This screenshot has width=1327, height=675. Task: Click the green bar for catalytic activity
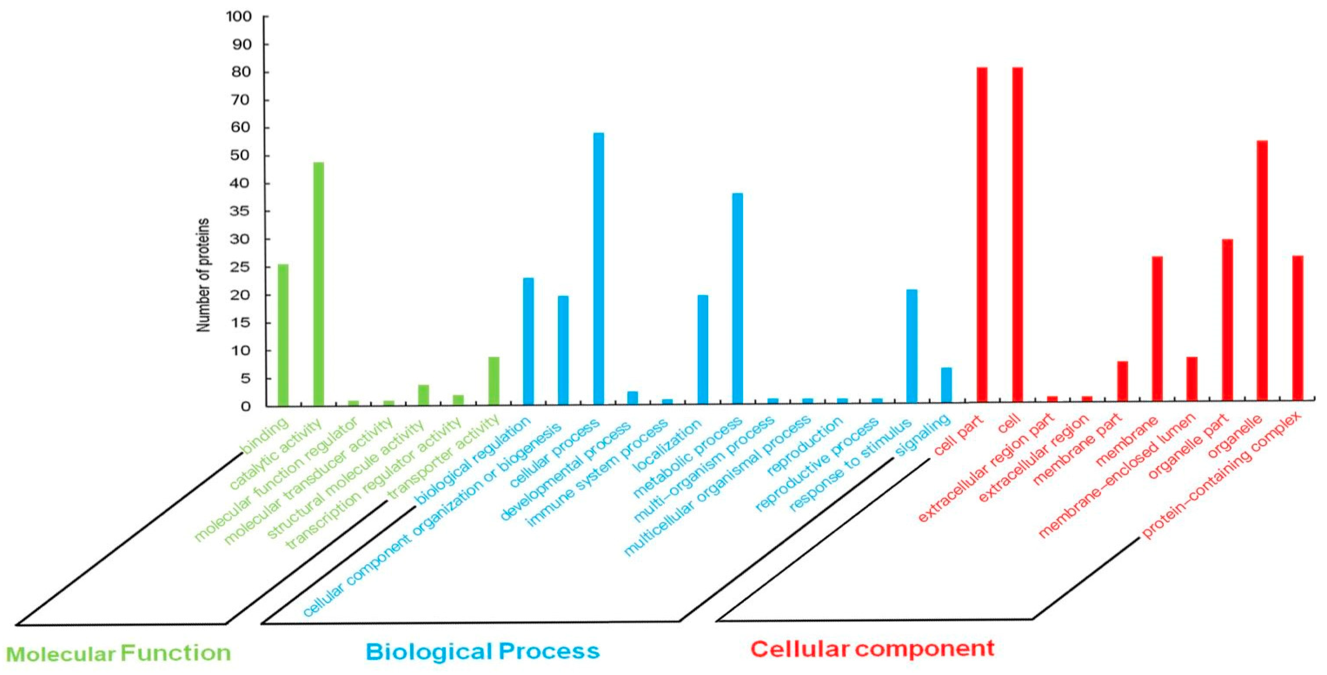coord(318,283)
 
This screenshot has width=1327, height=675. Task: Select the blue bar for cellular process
coord(599,268)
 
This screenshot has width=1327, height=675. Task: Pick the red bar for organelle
coord(1262,270)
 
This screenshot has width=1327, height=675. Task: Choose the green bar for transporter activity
coord(494,381)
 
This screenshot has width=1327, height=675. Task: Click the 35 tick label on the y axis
coord(239,212)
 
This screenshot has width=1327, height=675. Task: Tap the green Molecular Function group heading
coord(118,653)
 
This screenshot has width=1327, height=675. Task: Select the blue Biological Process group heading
coord(483,651)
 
